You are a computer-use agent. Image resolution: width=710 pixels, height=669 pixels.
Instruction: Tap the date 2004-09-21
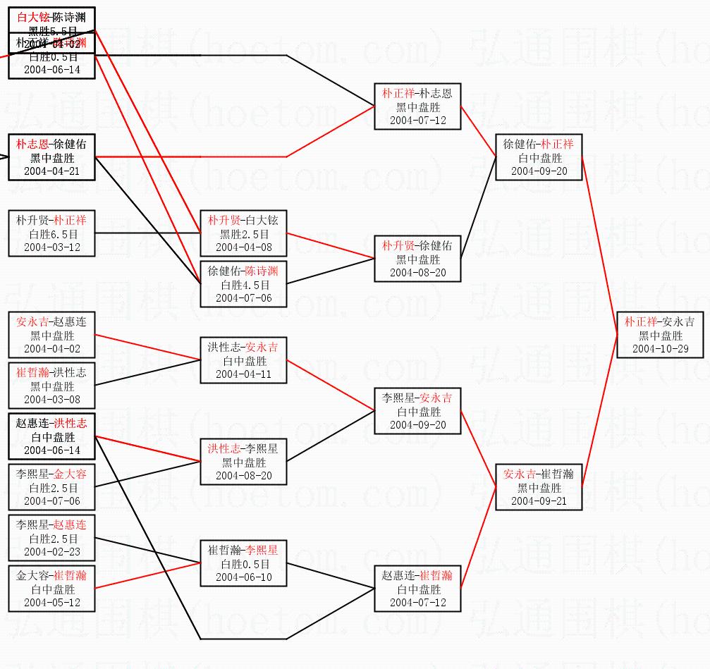click(539, 501)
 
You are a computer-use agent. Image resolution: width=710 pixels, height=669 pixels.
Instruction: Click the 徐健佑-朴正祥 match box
click(539, 157)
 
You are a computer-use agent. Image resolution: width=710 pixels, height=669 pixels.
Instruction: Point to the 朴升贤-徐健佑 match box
click(417, 259)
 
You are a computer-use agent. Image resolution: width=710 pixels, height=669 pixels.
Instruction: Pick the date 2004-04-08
click(243, 247)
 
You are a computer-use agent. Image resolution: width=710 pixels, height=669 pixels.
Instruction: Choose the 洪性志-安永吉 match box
click(243, 360)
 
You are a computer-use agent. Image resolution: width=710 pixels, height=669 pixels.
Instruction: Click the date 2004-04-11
click(243, 374)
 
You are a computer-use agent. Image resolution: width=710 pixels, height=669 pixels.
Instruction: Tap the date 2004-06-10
click(243, 577)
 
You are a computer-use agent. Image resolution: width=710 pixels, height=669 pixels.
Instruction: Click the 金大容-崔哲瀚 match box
click(51, 589)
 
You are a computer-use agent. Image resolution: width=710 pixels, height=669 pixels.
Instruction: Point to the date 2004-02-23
click(51, 552)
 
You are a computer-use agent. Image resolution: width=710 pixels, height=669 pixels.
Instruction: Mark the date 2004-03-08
click(51, 400)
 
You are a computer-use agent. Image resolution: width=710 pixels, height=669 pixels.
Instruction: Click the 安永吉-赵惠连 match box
click(51, 335)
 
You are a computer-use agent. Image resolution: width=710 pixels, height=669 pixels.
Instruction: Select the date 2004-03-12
click(51, 247)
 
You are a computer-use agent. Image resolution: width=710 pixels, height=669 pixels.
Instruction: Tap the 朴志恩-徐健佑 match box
click(51, 157)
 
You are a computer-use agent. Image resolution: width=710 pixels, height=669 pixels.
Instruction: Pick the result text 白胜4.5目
click(243, 285)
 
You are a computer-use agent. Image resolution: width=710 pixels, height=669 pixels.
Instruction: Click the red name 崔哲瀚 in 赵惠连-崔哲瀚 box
click(436, 575)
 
